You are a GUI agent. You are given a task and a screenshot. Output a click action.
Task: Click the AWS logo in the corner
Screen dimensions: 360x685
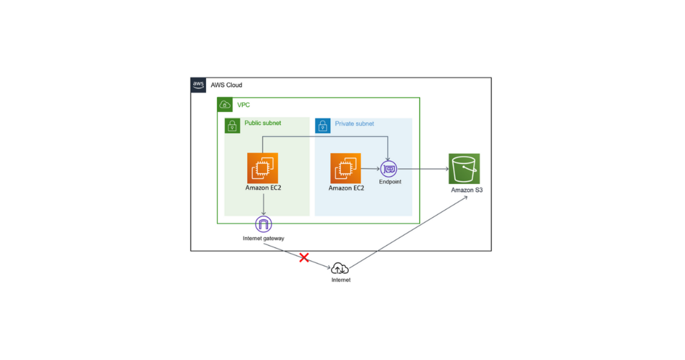198,85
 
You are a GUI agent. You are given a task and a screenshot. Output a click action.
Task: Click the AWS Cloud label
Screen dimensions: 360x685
227,85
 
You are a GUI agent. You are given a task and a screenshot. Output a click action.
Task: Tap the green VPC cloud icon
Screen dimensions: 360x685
225,105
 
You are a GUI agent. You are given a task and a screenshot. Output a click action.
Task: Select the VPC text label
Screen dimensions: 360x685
243,105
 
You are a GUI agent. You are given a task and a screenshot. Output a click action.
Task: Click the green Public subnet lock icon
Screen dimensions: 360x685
232,126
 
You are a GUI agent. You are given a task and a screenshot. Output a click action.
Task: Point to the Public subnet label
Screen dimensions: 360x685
262,123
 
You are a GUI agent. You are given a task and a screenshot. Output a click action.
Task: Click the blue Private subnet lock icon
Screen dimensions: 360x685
322,126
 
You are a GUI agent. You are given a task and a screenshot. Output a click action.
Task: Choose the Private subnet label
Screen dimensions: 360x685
354,124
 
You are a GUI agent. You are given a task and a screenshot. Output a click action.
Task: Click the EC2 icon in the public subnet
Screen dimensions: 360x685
262,168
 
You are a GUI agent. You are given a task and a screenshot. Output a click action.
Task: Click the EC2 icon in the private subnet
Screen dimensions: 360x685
346,169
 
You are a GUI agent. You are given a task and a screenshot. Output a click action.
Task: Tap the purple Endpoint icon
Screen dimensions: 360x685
389,169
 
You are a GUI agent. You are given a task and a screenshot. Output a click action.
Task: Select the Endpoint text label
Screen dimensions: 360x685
390,182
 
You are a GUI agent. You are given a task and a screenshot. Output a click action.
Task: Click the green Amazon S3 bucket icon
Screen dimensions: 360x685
464,169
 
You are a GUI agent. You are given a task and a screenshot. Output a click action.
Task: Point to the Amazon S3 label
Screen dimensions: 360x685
466,190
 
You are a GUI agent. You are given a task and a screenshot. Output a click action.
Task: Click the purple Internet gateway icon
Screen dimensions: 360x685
263,224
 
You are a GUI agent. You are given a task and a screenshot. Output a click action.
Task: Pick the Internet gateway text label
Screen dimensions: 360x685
263,238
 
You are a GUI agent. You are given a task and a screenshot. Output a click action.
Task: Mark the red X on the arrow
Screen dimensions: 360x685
304,258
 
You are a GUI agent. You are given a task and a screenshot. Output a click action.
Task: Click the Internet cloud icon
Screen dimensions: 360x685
340,268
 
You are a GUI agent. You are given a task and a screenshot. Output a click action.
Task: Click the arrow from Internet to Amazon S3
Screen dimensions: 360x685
408,232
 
